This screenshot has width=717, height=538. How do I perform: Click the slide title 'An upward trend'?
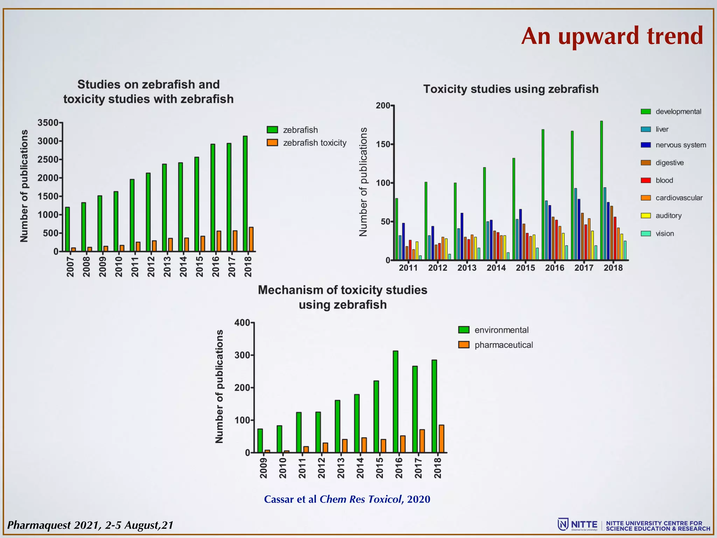coord(612,36)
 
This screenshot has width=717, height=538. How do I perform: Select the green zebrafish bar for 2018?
coord(245,193)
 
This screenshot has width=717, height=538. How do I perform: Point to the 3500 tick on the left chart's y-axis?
coord(48,123)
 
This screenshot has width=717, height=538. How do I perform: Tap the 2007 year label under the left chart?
coord(70,266)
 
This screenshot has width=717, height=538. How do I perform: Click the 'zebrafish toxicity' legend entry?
coord(314,143)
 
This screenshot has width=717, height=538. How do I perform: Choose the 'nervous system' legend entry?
coord(680,145)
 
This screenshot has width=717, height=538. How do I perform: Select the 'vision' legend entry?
coord(664,234)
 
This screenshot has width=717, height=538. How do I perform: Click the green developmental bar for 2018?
coord(601,191)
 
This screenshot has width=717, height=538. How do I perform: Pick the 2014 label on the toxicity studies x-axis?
coord(496,268)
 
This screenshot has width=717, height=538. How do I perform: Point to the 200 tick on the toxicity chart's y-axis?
coord(383,105)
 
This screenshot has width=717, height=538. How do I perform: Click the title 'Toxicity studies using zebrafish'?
coord(511,89)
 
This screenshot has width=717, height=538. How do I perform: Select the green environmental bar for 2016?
coord(395,402)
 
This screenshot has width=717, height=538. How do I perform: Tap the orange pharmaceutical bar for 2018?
coord(441,439)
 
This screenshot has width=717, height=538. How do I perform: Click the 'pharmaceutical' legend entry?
coord(503,345)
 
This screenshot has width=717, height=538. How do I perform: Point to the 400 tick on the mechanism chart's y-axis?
coord(242,323)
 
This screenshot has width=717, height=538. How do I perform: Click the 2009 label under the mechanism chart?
coord(263,468)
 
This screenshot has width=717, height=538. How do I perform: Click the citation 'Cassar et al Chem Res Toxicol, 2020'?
coord(347,499)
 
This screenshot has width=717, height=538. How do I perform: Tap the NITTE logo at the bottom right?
coord(578,525)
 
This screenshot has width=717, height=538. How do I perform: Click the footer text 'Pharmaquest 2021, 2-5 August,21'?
coord(90,525)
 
